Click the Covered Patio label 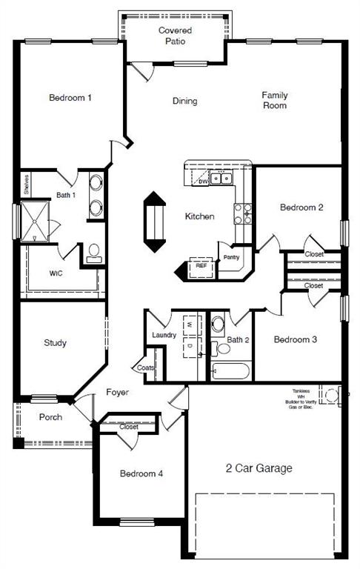[176, 36]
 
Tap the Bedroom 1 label [70, 98]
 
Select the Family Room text [274, 100]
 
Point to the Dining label [184, 101]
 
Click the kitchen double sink [221, 178]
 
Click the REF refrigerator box [201, 265]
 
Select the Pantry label [230, 257]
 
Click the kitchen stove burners [241, 214]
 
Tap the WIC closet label [56, 273]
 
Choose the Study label [55, 343]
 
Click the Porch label [50, 417]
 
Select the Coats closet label [144, 367]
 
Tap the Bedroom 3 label [296, 340]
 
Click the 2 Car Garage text [259, 468]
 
